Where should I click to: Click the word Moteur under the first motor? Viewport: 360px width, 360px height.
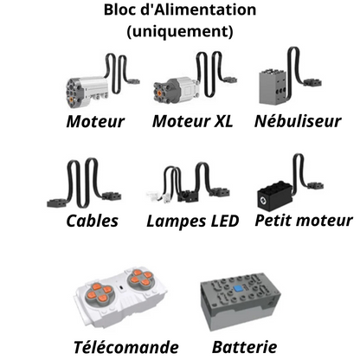pos(95,121)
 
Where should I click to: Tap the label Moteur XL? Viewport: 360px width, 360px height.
pos(192,121)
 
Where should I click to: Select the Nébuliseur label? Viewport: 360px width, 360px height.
pos(298,121)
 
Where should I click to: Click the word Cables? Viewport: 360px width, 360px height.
pos(93,221)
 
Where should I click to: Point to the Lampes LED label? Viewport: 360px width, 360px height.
pos(193,222)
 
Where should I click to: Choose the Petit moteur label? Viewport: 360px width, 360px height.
pos(304,221)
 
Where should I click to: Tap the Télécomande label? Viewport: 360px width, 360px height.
pos(126,347)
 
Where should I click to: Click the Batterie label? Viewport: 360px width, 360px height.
pos(245,347)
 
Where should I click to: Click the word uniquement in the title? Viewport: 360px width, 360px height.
pos(180,31)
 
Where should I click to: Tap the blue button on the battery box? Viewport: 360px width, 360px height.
pos(238,288)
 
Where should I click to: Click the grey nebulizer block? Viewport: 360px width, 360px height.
pos(273,87)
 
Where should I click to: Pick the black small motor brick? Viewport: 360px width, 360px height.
pos(275,196)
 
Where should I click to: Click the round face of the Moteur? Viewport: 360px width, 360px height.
pos(74,93)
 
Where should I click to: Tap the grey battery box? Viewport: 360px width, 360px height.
pos(241,301)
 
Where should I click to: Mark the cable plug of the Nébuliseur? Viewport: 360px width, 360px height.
pos(312,82)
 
